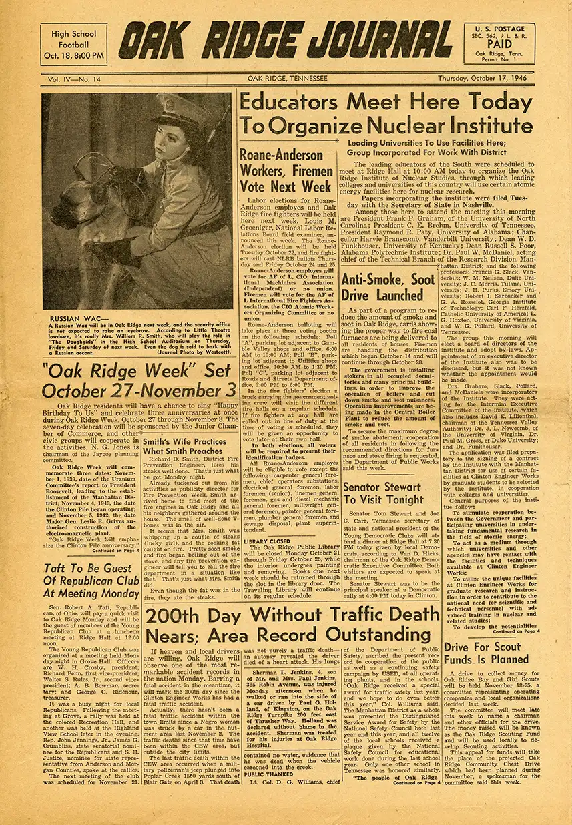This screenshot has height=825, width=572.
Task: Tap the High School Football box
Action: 73,44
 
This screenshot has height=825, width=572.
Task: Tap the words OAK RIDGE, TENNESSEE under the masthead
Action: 287,79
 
